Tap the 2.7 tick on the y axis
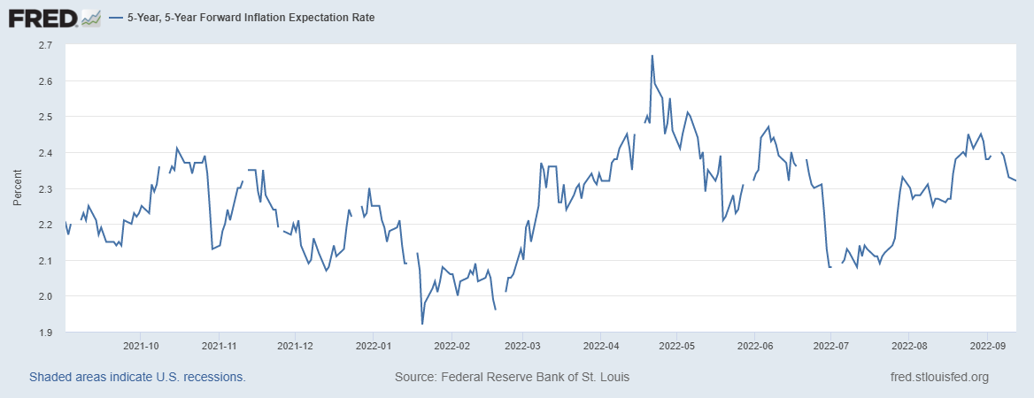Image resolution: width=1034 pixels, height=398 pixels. (x=45, y=44)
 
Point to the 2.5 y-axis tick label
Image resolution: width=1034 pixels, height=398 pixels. (x=45, y=117)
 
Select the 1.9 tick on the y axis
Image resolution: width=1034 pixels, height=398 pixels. (x=45, y=333)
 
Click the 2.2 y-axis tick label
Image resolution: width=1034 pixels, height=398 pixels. (x=45, y=225)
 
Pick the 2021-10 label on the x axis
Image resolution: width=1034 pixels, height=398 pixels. (x=142, y=346)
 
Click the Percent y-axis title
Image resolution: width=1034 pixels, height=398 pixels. (x=18, y=188)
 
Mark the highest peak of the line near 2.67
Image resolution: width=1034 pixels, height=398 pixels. (x=652, y=56)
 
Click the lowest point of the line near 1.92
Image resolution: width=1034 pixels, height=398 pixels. (x=422, y=324)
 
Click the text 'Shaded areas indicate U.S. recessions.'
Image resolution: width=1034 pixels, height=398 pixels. (x=137, y=378)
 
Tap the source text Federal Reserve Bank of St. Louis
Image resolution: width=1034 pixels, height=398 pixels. (x=512, y=378)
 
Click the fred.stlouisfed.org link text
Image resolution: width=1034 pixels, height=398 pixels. (x=939, y=378)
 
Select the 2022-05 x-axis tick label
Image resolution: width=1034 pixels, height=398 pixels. (x=676, y=346)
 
